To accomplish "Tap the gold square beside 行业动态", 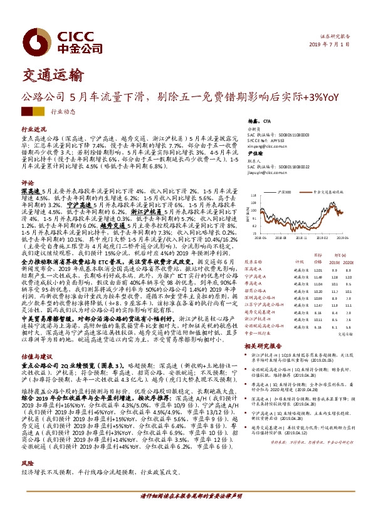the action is [39, 111].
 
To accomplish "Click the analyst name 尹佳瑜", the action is [254, 153].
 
